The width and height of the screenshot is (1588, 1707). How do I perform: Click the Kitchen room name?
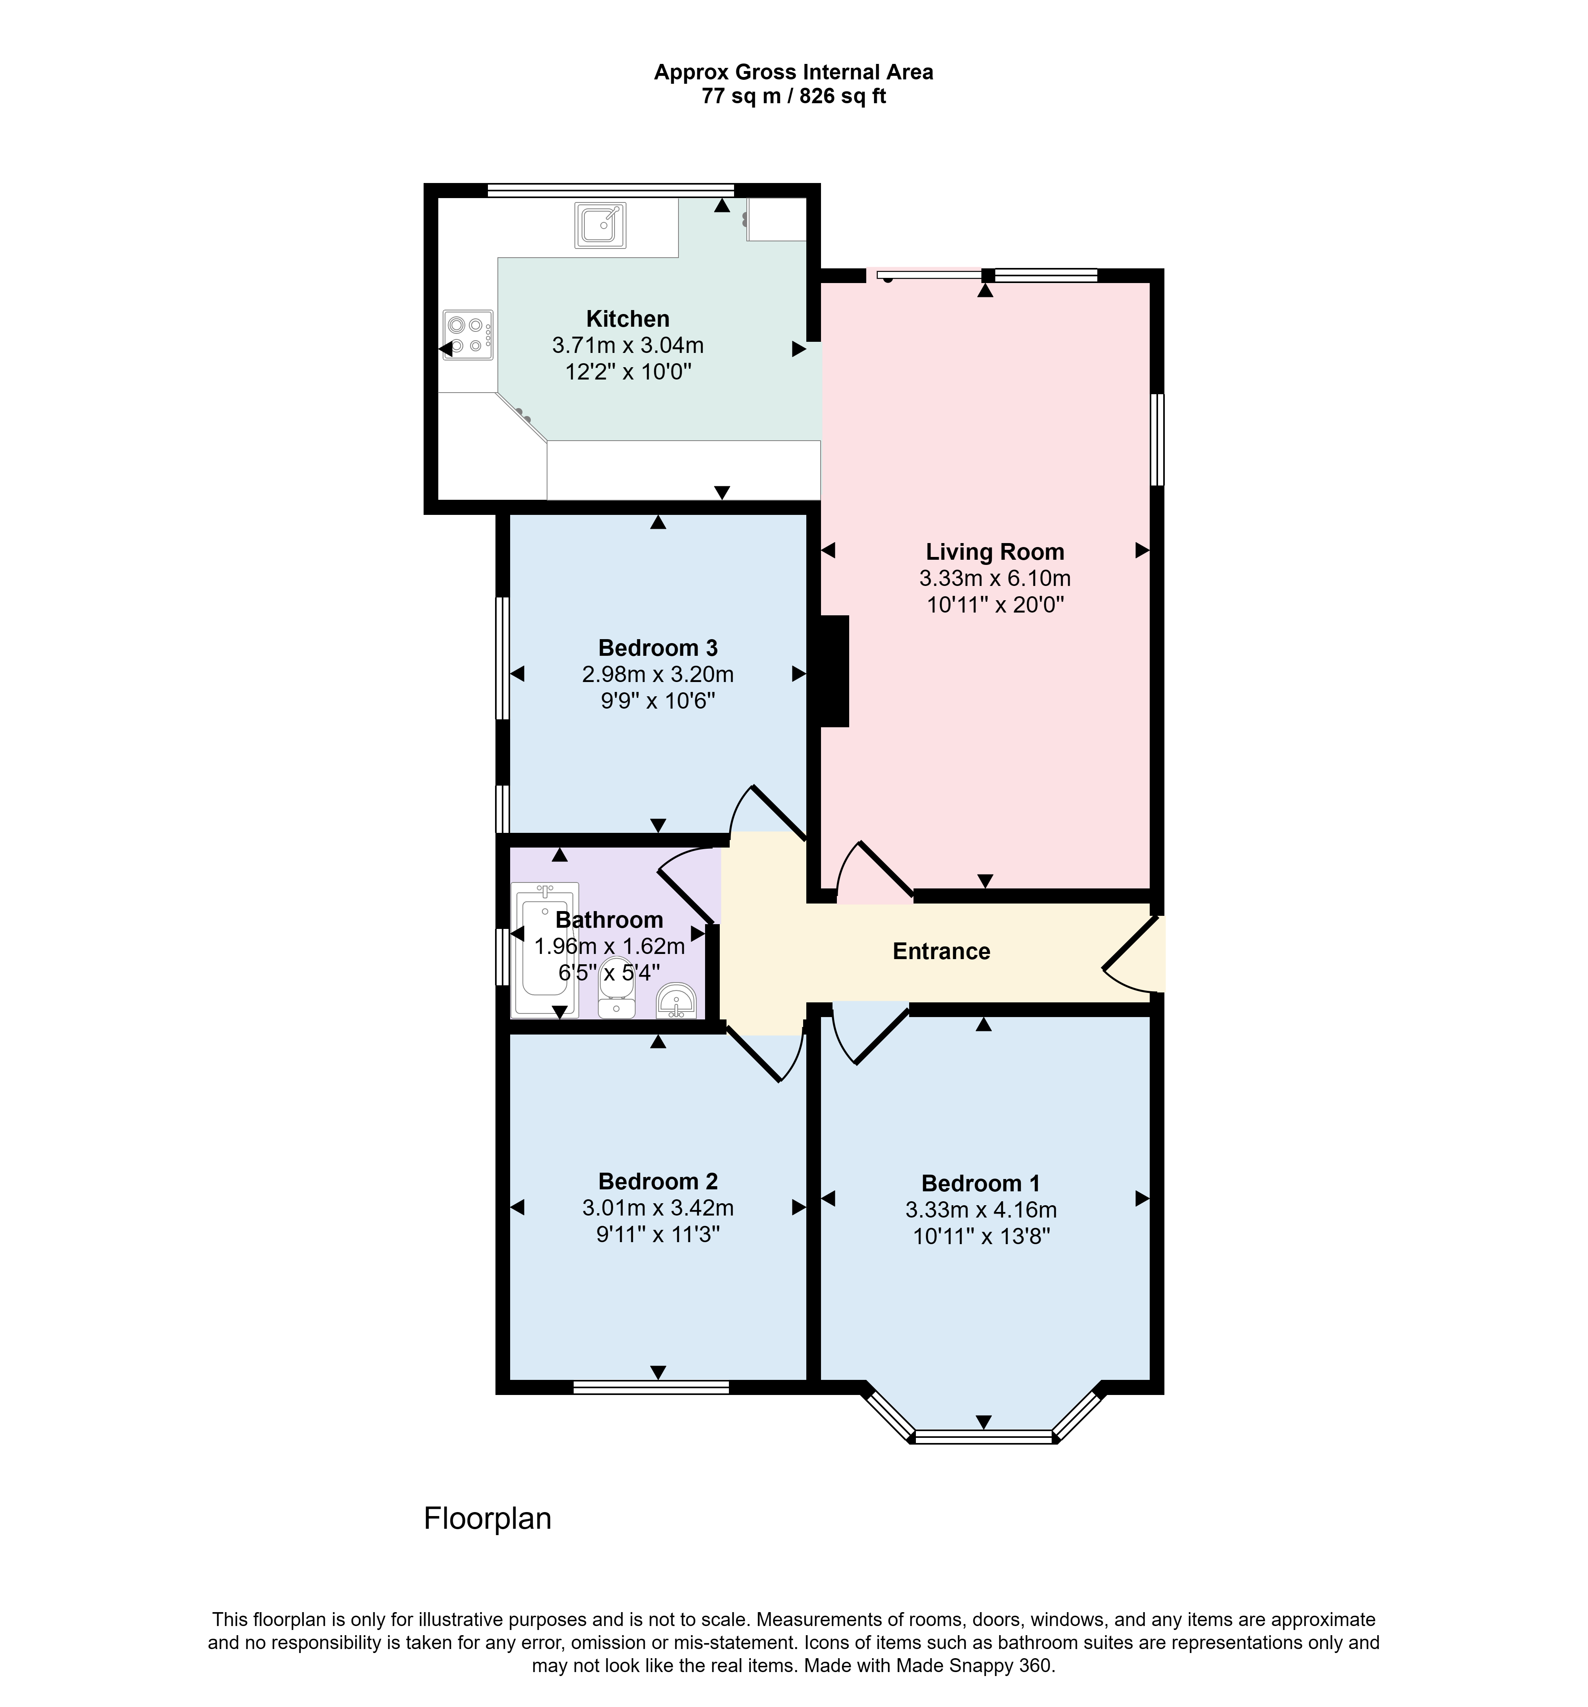click(628, 318)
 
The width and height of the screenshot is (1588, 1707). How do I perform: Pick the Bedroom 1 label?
click(981, 1183)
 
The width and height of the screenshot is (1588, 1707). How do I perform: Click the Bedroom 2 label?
click(658, 1181)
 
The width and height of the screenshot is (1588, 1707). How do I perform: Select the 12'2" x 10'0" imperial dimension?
click(628, 372)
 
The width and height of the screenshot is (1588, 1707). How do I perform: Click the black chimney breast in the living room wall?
click(835, 671)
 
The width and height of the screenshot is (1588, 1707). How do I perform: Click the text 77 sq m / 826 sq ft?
click(794, 96)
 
